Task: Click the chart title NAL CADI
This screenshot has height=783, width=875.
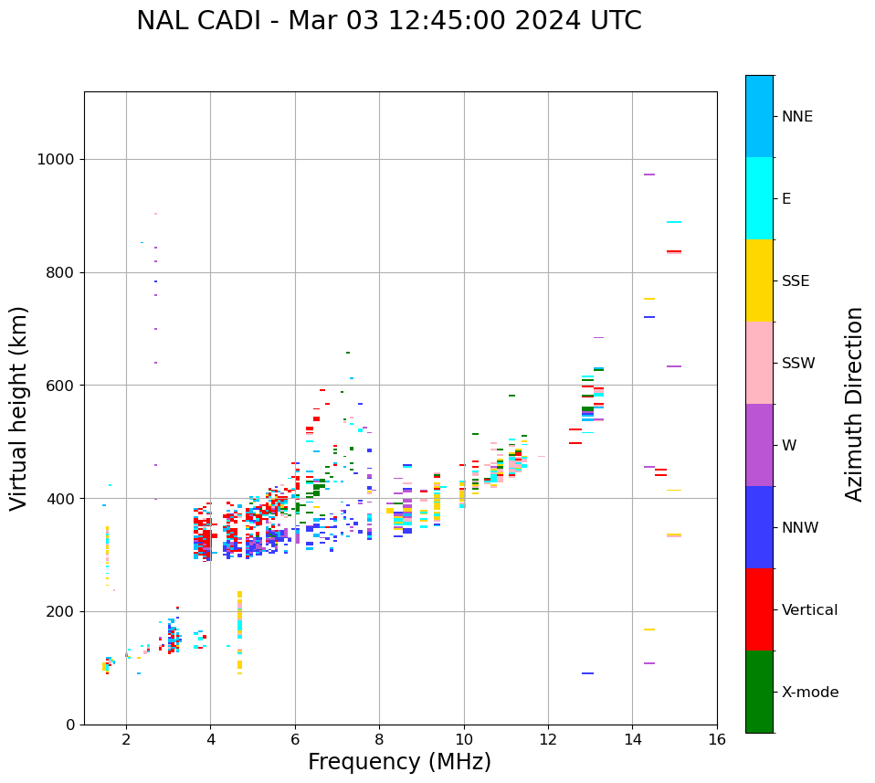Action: [x=388, y=21]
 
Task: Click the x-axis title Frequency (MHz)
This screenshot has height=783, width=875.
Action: [x=399, y=762]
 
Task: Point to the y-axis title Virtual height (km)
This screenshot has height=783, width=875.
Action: [x=19, y=408]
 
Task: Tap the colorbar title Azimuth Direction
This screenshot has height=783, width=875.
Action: [x=854, y=404]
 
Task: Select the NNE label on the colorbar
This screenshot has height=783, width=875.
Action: [x=796, y=117]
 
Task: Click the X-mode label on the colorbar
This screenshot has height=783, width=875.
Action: [x=809, y=693]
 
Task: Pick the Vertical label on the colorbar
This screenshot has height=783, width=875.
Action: [x=809, y=610]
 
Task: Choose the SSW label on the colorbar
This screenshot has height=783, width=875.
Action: [x=798, y=364]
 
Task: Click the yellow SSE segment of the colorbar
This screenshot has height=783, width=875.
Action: [x=759, y=280]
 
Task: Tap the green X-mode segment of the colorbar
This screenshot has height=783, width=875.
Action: [x=759, y=692]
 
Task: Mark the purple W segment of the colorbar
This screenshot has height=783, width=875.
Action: [x=759, y=445]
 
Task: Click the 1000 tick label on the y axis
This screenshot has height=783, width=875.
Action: [x=55, y=160]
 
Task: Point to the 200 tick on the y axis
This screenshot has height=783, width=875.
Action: [x=60, y=612]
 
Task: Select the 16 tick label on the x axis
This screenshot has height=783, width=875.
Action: [x=717, y=738]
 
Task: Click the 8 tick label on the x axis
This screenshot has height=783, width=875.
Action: [x=379, y=738]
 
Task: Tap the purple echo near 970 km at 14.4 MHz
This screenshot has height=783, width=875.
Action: [x=648, y=175]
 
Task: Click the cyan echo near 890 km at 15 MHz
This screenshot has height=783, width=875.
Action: [x=674, y=222]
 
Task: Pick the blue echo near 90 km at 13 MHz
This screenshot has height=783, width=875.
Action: [x=587, y=673]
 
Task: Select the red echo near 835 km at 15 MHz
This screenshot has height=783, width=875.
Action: [x=674, y=251]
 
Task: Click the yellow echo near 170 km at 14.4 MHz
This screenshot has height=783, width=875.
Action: [x=648, y=630]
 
